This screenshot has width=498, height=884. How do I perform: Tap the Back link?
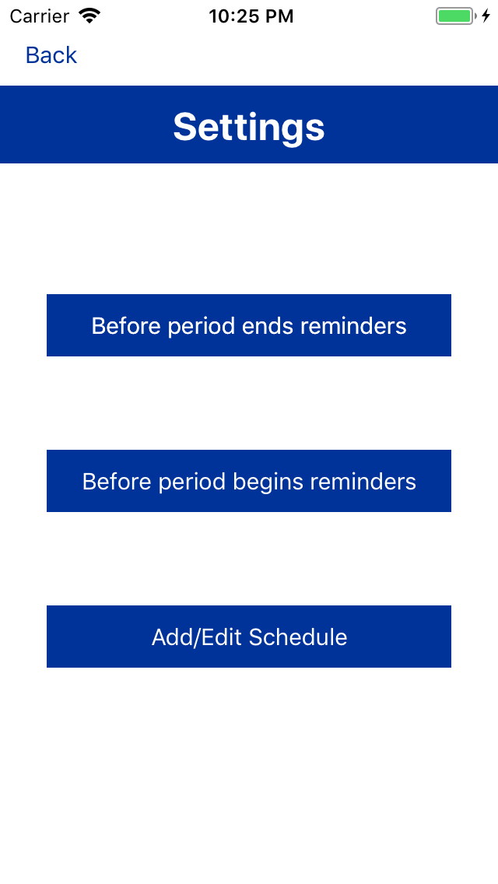[51, 55]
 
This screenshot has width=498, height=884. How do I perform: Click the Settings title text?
[249, 126]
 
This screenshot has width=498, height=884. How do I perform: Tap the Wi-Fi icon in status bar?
[90, 16]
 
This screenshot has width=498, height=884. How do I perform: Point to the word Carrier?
[39, 16]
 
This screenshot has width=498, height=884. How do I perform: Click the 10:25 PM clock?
[251, 16]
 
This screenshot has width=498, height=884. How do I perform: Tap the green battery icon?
[455, 16]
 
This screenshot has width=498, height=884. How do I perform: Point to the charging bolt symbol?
[486, 16]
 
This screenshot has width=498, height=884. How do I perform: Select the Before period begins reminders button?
[249, 481]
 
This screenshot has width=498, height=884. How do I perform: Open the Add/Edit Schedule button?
[249, 637]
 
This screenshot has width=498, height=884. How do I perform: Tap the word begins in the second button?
[268, 482]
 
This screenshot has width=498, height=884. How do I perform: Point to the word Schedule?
[298, 637]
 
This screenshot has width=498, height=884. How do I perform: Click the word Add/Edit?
[197, 637]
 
